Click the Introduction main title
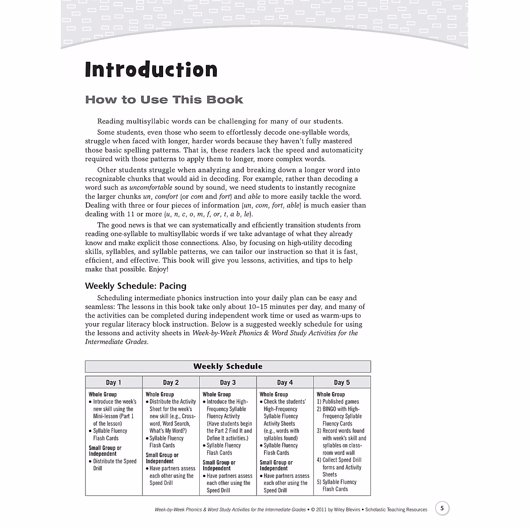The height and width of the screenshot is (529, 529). (x=151, y=70)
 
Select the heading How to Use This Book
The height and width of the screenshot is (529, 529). (x=164, y=100)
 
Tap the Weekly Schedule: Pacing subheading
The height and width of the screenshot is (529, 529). (x=136, y=286)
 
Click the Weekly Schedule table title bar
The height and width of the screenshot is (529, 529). (x=227, y=366)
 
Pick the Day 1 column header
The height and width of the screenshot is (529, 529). (x=113, y=382)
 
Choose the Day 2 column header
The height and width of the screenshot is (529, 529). (x=171, y=382)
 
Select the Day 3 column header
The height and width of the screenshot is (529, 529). (x=227, y=382)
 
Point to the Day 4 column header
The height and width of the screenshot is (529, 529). (x=285, y=382)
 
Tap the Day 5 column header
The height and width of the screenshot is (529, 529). (x=342, y=382)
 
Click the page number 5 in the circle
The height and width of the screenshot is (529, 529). (x=442, y=508)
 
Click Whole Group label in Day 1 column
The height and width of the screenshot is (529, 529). (x=103, y=394)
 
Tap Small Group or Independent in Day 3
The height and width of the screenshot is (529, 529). (x=219, y=465)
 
